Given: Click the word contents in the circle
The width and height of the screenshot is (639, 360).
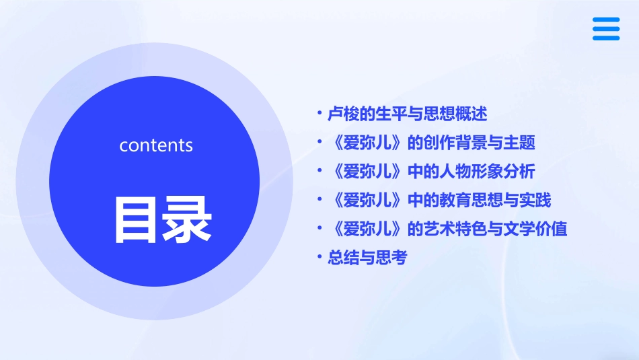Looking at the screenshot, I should tap(156, 145).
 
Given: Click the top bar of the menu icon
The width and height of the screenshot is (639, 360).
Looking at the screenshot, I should tap(605, 20).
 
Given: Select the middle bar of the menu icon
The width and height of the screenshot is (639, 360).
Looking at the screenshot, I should tap(605, 29).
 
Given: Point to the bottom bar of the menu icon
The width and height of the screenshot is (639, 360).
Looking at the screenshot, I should tap(605, 38).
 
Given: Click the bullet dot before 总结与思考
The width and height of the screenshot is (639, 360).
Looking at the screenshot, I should tap(320, 258).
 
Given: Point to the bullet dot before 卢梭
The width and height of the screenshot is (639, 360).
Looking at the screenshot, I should tap(320, 114).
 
